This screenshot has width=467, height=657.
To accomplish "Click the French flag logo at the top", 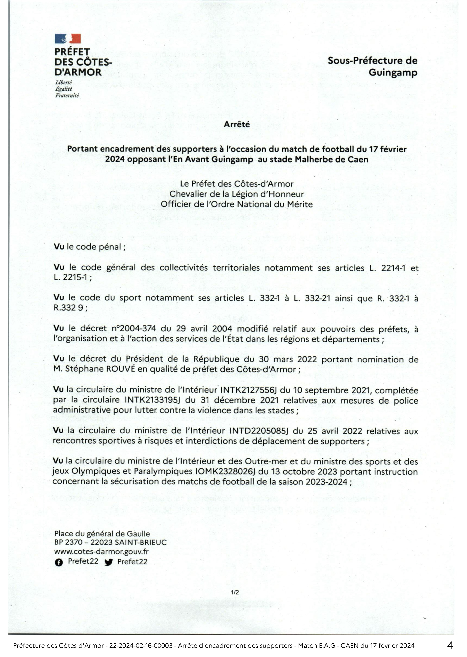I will (x=68, y=39).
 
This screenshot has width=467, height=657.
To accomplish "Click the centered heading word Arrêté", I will (x=237, y=124).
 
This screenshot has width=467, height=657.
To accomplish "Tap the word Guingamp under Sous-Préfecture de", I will (x=393, y=72).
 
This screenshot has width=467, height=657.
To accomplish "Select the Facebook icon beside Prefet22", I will (x=59, y=563).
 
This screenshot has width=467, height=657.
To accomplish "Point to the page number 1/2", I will (x=235, y=592).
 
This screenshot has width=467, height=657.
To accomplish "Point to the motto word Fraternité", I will (x=67, y=95).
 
